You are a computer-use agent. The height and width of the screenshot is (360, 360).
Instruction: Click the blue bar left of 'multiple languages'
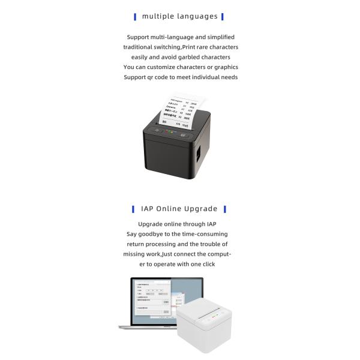135,17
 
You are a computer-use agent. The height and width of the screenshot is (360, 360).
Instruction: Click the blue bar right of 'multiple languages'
223,17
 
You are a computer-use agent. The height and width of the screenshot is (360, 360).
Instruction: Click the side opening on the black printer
200,151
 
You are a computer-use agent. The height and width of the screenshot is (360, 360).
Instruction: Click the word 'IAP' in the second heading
148,209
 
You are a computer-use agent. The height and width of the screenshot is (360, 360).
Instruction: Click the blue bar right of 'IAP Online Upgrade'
224,209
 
